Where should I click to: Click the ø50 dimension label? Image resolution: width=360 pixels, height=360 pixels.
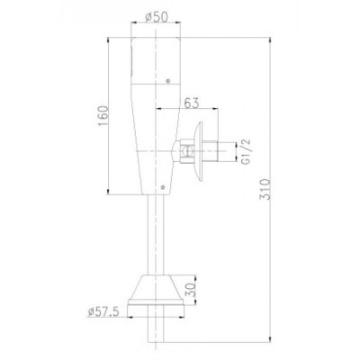[x=156, y=17]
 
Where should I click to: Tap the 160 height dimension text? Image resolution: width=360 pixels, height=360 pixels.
[x=103, y=116]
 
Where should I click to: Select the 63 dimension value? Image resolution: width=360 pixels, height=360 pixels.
[x=192, y=103]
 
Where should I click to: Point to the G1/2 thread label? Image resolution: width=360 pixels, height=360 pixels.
[x=246, y=151]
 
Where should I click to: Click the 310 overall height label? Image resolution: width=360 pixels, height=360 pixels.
[x=265, y=189]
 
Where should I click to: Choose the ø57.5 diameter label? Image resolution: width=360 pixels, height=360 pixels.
[x=103, y=312]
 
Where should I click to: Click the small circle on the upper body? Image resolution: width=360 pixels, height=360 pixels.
[x=168, y=81]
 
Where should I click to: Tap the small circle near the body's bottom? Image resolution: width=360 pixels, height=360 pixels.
[x=163, y=187]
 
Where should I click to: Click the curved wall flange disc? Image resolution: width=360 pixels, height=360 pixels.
[x=198, y=151]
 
